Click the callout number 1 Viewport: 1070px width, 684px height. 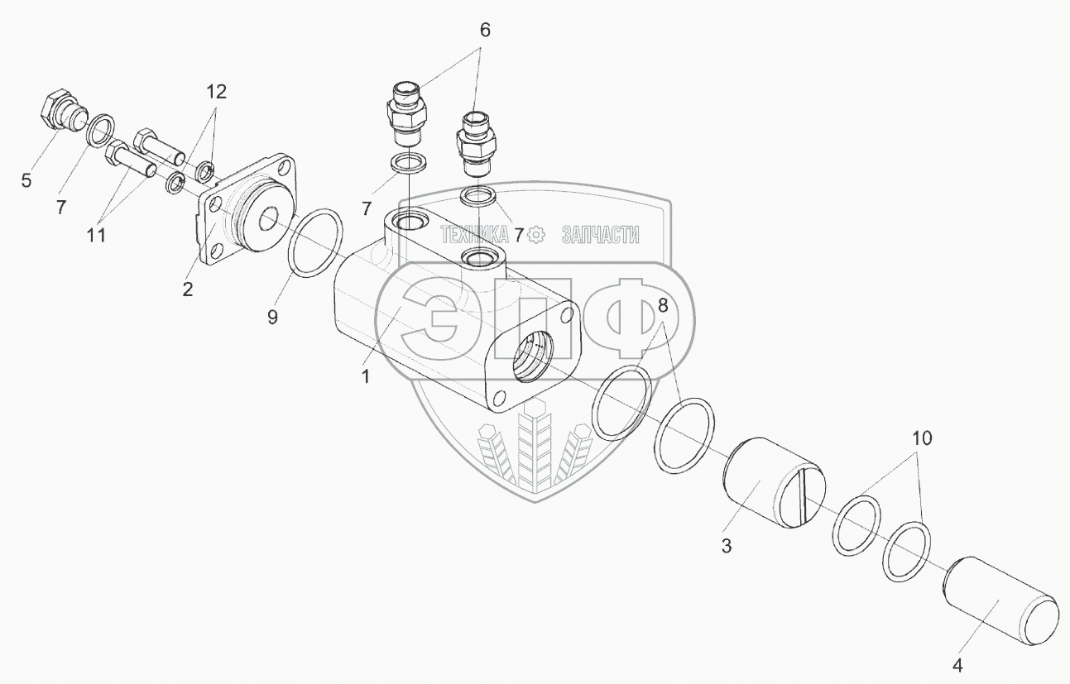tap(365, 376)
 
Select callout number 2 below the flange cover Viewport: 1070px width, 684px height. tap(189, 289)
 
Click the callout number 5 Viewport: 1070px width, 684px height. tap(27, 179)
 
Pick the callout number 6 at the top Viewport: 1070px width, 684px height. tap(484, 31)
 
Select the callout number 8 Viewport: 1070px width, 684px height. tap(662, 304)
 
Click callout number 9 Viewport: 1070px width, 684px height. tap(272, 318)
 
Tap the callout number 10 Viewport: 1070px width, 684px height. tap(922, 438)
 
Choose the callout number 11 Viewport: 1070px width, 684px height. tap(97, 236)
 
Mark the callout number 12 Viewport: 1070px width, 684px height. tap(216, 91)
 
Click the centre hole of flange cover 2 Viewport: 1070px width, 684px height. tap(269, 221)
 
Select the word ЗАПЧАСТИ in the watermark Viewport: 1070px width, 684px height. tap(600, 235)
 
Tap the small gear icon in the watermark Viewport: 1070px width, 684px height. tap(536, 235)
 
